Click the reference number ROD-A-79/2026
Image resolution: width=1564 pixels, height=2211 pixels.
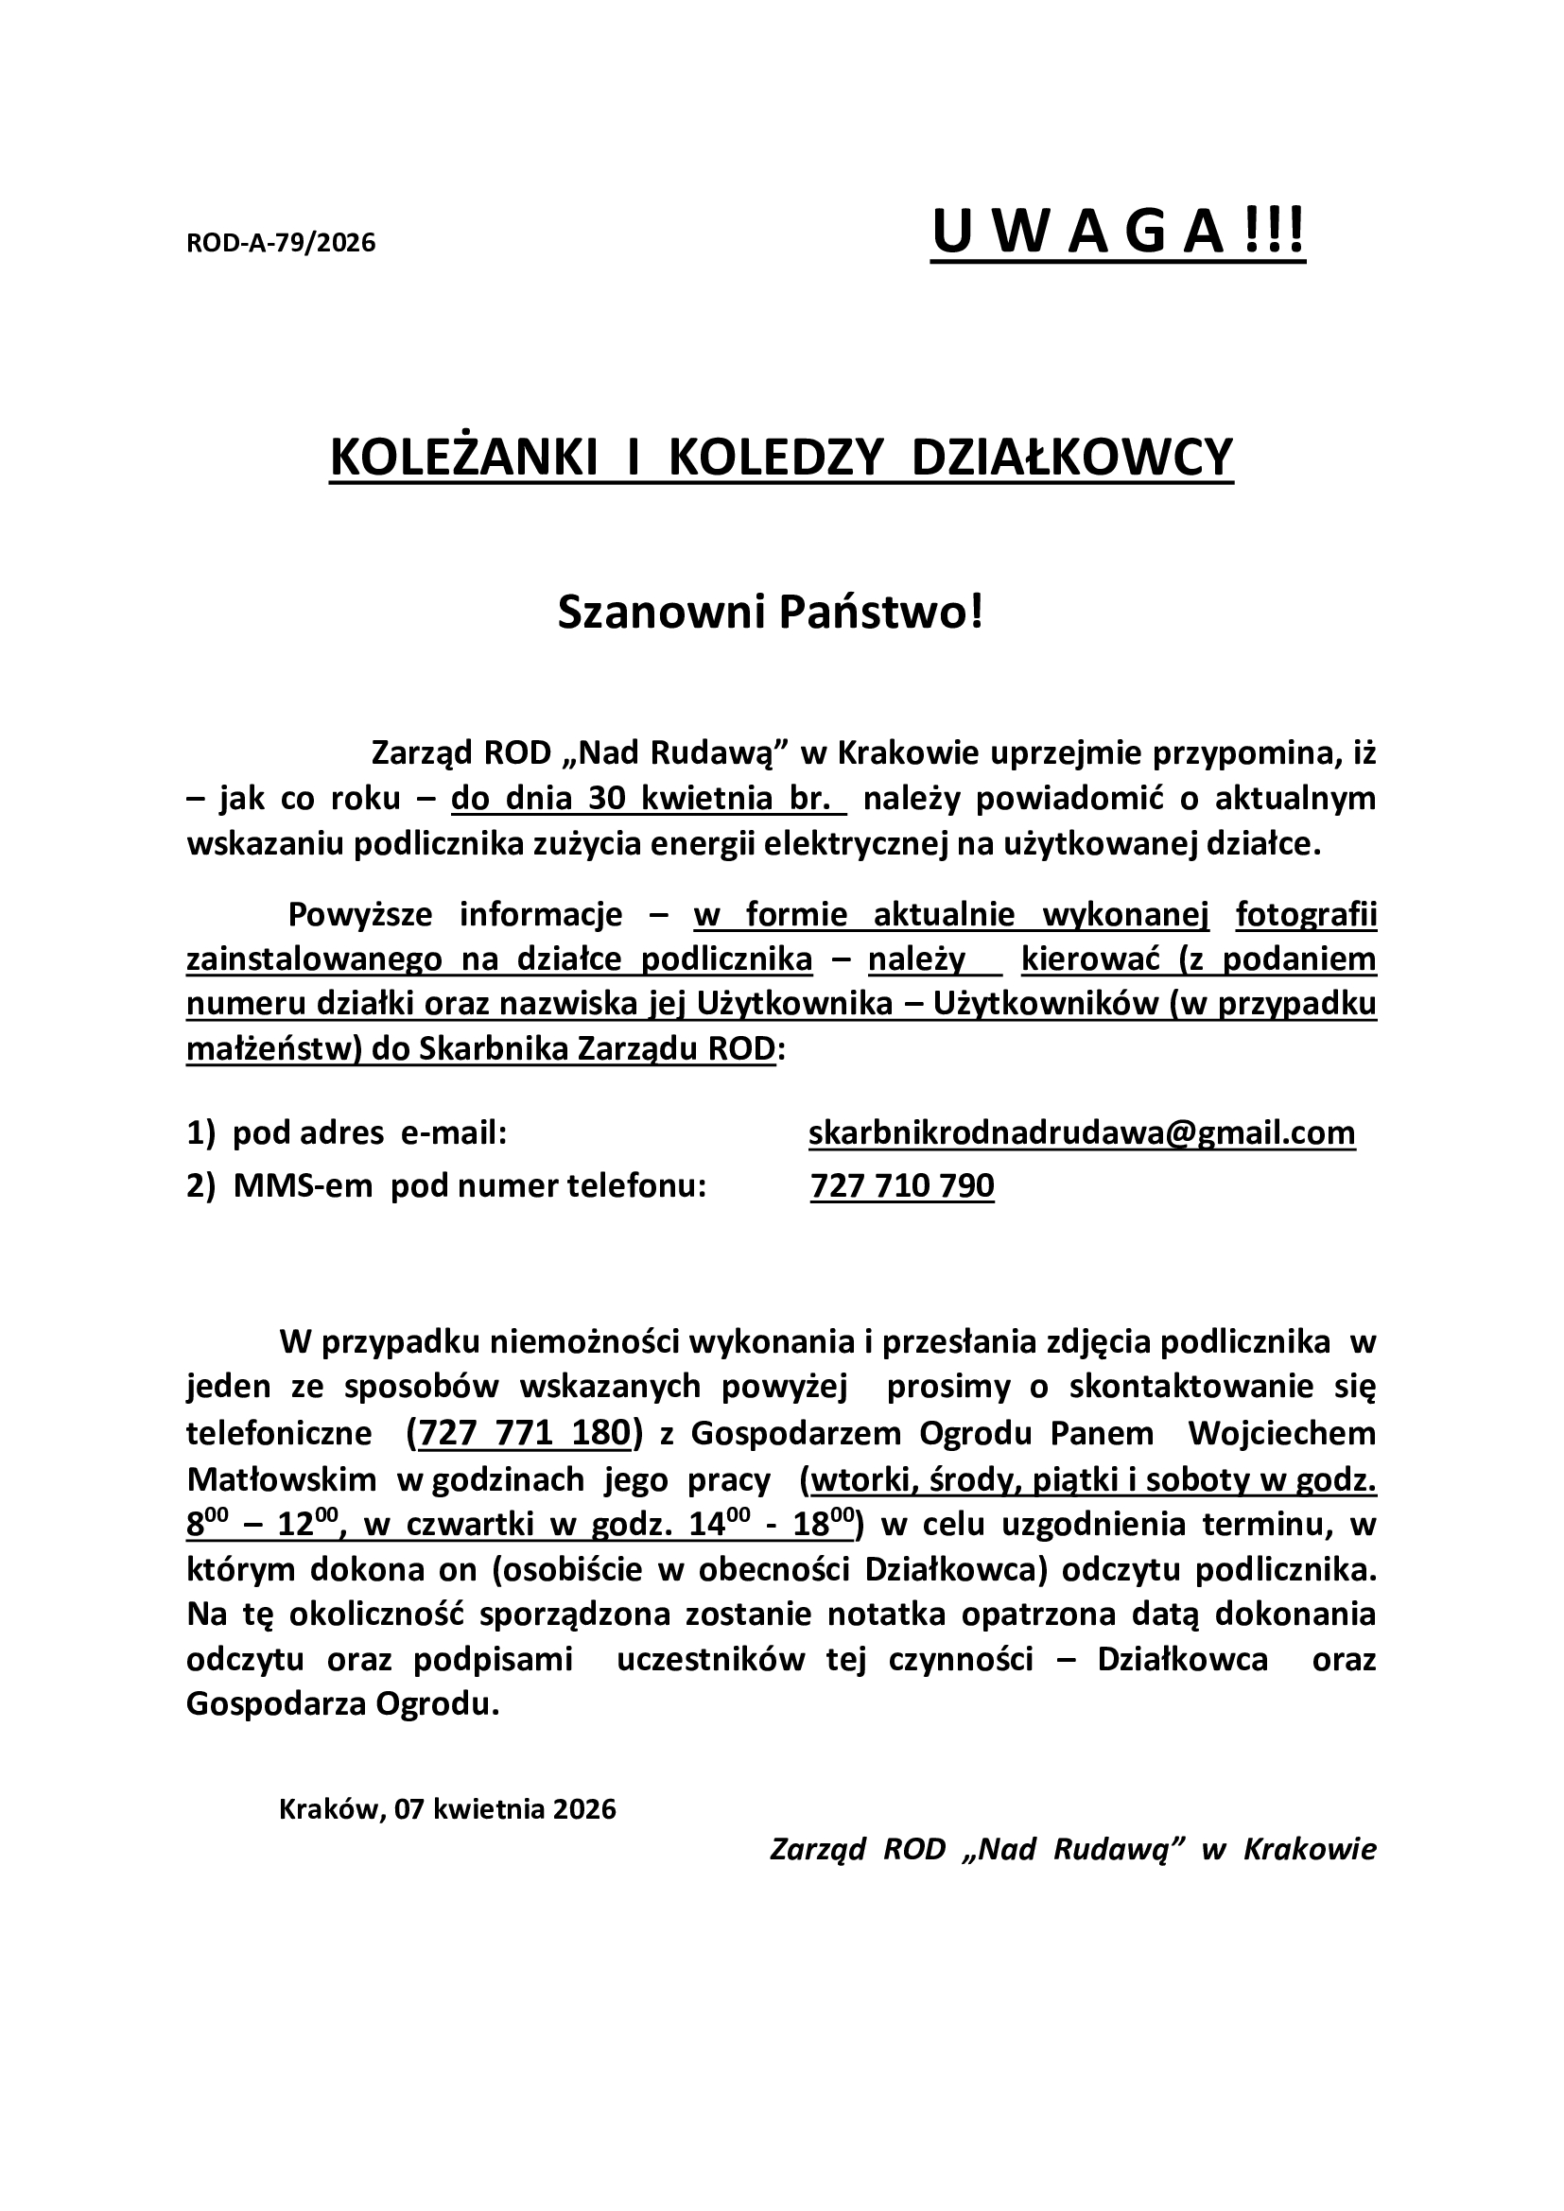pyautogui.click(x=280, y=243)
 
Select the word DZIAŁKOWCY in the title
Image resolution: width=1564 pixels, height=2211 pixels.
pyautogui.click(x=1072, y=458)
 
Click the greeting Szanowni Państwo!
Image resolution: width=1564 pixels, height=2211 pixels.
pyautogui.click(x=772, y=613)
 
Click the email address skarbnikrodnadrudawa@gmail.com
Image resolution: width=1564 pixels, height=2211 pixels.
pyautogui.click(x=1082, y=1133)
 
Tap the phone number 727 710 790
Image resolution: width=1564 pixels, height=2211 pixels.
pyautogui.click(x=902, y=1185)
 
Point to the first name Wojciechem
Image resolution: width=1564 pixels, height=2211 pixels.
pyautogui.click(x=1282, y=1433)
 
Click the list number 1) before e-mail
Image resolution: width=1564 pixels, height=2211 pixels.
pyautogui.click(x=200, y=1133)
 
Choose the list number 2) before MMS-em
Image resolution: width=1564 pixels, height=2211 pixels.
pyautogui.click(x=200, y=1185)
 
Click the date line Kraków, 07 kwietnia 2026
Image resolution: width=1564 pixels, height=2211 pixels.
pyautogui.click(x=447, y=1809)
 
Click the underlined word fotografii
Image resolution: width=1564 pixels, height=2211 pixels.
pyautogui.click(x=1306, y=915)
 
